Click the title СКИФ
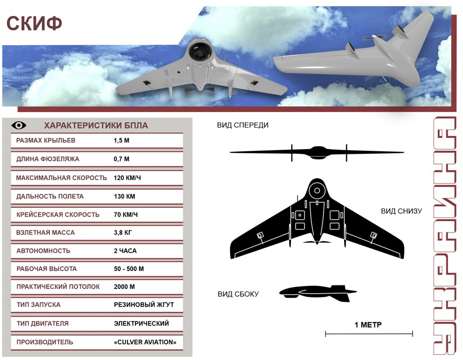point(34,23)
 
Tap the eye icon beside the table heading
point(19,125)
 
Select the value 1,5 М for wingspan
point(121,140)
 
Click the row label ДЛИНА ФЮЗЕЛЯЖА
point(47,159)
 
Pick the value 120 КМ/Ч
point(127,178)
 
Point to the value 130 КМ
point(124,196)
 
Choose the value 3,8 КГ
point(123,232)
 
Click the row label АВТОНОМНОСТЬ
point(43,251)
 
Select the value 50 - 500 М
point(129,269)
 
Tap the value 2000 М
point(124,286)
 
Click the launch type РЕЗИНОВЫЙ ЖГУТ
point(144,304)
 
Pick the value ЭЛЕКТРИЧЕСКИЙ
point(141,323)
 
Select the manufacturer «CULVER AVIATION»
point(145,342)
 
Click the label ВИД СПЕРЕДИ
point(243,125)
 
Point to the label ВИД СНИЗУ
point(402,211)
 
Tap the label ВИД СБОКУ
point(238,294)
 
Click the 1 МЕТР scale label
point(368,325)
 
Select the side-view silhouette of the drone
point(318,293)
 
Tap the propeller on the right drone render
point(373,38)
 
